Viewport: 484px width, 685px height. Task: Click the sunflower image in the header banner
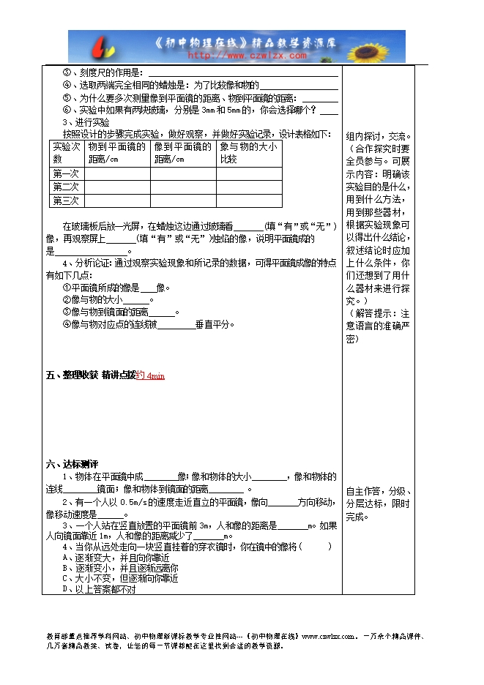(x=385, y=46)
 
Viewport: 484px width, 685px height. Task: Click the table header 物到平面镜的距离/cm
(x=117, y=152)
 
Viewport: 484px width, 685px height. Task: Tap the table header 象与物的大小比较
(x=248, y=152)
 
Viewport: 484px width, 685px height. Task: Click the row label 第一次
(x=66, y=173)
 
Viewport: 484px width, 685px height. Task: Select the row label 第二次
(x=66, y=187)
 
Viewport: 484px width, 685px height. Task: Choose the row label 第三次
(x=66, y=200)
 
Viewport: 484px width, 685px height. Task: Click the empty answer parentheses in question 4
(x=316, y=547)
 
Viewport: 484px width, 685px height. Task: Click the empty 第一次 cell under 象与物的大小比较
(x=248, y=173)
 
